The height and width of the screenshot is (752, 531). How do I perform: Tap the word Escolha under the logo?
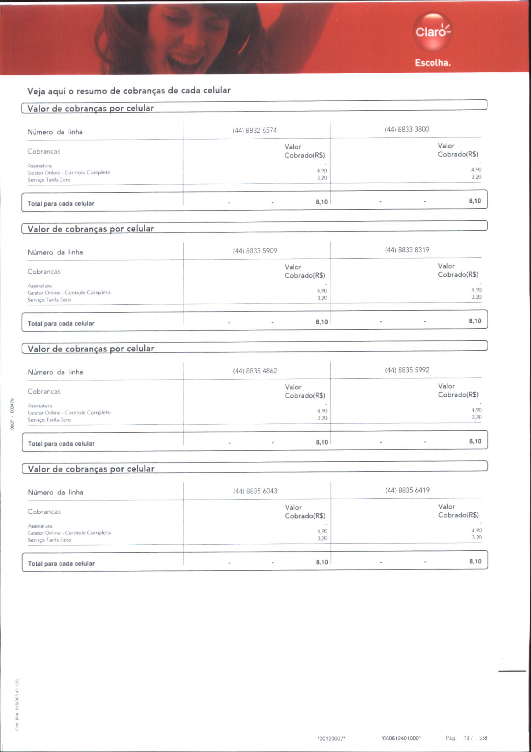pos(433,63)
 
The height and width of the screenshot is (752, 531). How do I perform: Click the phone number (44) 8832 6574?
pos(254,130)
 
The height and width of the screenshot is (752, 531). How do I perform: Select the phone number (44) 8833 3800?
pos(407,129)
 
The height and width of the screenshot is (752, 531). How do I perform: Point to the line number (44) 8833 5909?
pos(255,251)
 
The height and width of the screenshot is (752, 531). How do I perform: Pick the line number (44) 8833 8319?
pos(407,250)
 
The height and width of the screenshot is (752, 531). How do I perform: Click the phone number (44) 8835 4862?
pos(255,371)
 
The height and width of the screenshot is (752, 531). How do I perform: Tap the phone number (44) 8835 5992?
pos(407,370)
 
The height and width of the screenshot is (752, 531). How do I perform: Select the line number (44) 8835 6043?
pos(255,491)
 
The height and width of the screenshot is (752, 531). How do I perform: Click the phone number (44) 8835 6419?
pos(408,490)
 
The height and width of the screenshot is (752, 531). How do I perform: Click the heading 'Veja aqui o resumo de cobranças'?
pos(129,91)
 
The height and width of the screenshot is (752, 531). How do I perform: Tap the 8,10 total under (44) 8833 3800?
pos(475,201)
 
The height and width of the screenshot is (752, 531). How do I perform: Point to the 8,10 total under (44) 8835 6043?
pos(322,562)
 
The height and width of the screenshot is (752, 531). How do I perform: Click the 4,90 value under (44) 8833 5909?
pos(322,291)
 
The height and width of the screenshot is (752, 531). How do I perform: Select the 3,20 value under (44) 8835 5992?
pos(476,417)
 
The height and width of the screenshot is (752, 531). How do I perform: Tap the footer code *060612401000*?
pos(401,738)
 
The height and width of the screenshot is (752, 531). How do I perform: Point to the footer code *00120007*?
pos(331,739)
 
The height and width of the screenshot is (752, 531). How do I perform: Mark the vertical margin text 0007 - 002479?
pos(13,414)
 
